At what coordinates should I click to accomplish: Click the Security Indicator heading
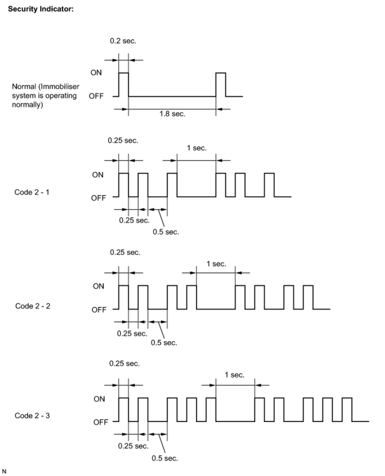tap(41, 9)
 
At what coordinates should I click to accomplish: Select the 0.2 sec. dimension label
tap(123, 41)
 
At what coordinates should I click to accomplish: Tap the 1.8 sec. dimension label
tap(172, 114)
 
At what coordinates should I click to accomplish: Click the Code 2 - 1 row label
tap(32, 192)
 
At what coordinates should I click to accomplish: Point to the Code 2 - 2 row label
tap(33, 306)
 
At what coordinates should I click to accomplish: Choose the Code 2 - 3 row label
tap(32, 416)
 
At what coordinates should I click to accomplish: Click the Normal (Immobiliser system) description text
tap(45, 96)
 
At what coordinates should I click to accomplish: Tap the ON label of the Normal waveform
tap(96, 73)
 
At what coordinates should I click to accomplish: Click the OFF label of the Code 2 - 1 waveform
tap(98, 198)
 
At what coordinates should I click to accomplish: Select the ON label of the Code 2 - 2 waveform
tap(98, 286)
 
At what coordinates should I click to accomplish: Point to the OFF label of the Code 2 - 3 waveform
tap(101, 422)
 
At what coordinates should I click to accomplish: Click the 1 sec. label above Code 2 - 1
tap(196, 148)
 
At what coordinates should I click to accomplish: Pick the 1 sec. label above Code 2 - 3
tap(234, 375)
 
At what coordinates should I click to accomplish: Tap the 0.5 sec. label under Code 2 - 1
tap(166, 232)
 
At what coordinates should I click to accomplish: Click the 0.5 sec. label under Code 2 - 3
tap(164, 458)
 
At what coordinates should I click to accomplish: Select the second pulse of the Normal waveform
tap(221, 84)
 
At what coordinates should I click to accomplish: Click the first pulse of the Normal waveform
tap(123, 84)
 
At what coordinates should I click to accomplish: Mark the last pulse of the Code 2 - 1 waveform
tap(269, 185)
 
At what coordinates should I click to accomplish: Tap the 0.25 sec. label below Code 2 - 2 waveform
tap(132, 334)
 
